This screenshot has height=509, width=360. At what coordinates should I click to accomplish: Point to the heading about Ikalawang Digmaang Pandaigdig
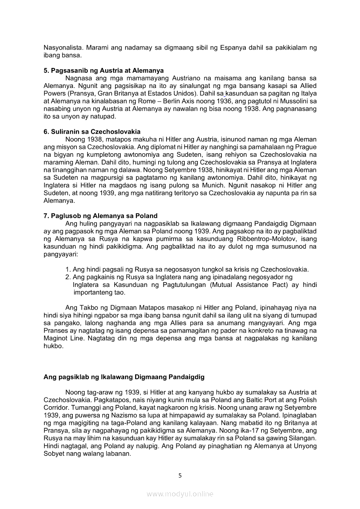pos(124,377)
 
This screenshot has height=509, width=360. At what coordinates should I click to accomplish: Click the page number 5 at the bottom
pos(180,475)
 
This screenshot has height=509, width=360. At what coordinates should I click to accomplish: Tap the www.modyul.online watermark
pos(180,494)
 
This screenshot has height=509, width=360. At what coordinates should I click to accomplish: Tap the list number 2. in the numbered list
pos(68,277)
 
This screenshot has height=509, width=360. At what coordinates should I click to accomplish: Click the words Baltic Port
pos(258,400)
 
